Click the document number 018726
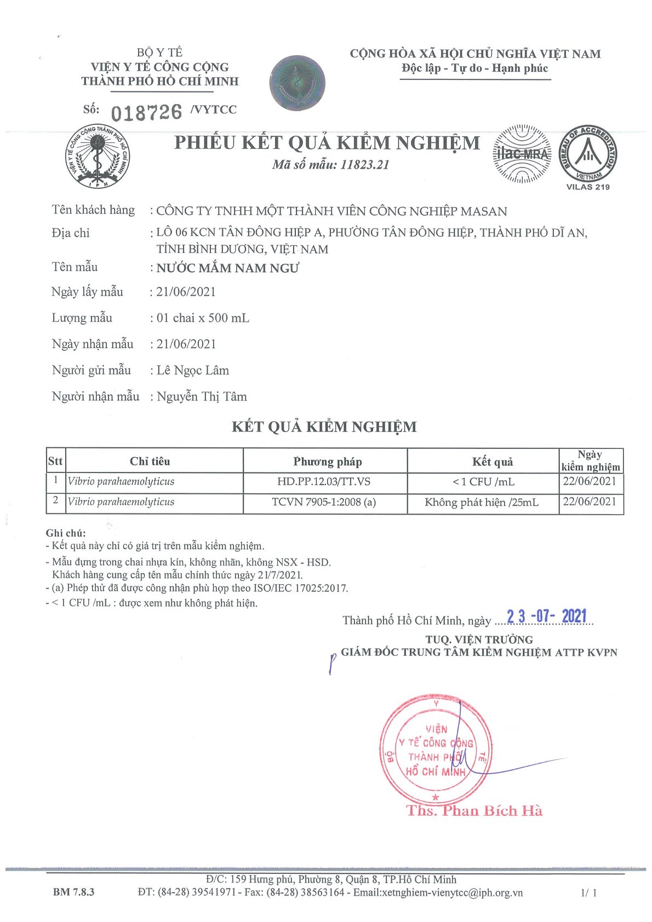146,113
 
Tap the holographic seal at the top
298,83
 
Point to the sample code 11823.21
364,165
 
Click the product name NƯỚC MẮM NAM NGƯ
227,268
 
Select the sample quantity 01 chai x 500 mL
203,318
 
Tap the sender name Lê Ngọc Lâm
193,371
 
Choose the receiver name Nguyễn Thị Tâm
202,397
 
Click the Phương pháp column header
327,462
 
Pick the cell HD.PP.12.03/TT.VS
323,482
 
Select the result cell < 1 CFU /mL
483,482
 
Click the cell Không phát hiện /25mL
482,502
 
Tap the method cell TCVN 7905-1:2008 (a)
324,502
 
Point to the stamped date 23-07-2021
546,616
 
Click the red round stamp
436,750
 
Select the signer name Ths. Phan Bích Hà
474,811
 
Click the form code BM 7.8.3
73,892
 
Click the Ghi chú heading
66,533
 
